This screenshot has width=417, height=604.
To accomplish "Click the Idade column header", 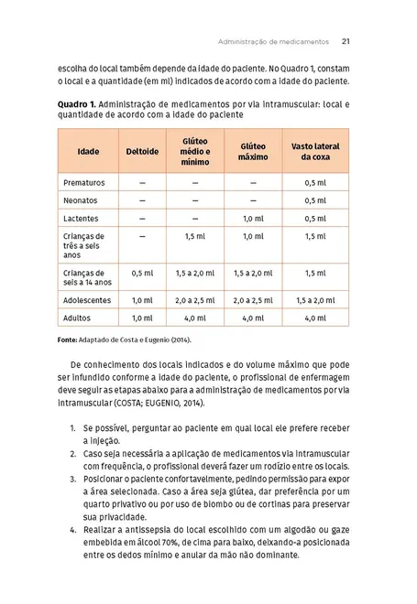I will [89, 150].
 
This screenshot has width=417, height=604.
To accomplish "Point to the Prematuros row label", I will [84, 182].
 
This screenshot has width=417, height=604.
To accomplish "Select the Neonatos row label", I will [81, 200].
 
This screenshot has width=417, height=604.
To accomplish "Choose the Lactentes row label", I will [82, 219].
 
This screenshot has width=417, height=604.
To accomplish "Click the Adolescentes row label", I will [87, 299].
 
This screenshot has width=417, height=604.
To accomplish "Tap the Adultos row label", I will [77, 318].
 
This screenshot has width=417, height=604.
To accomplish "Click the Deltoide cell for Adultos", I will [142, 318].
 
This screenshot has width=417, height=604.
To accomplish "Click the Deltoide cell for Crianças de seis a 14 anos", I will [142, 273].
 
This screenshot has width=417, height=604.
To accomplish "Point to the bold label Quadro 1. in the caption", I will [76, 104].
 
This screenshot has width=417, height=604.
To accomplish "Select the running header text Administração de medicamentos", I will [273, 40].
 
